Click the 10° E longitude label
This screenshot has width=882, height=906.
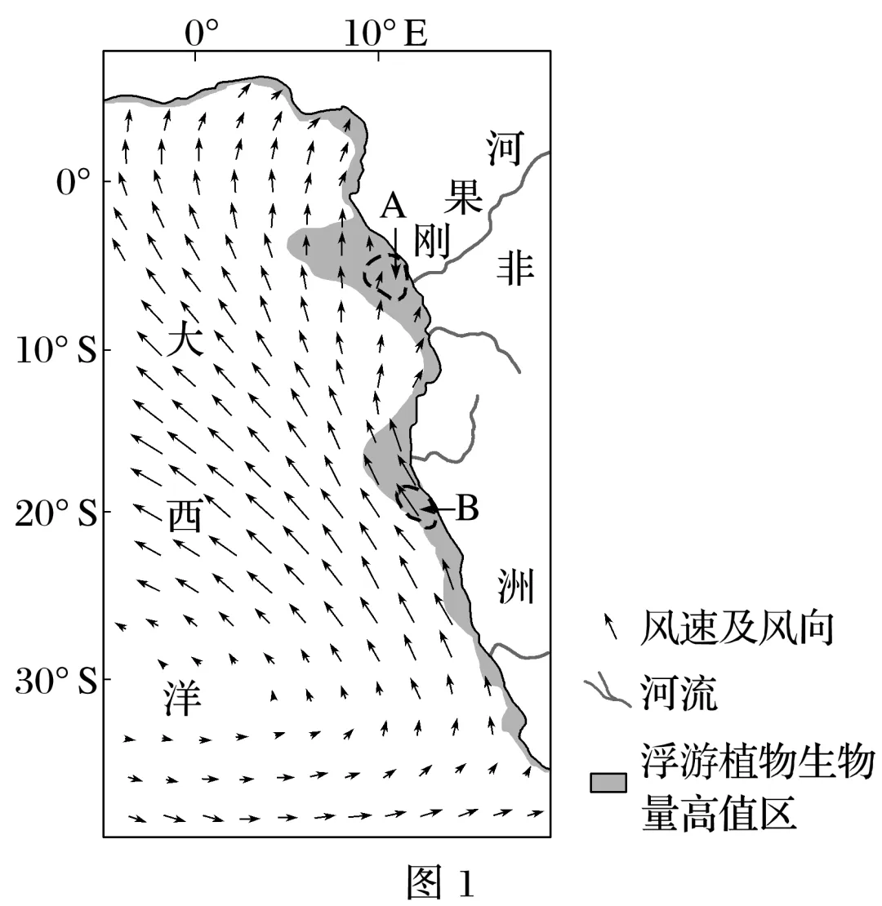point(385,33)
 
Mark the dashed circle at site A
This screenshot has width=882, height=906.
point(386,278)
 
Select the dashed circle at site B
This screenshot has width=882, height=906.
point(416,506)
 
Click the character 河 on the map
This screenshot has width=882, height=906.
point(503,147)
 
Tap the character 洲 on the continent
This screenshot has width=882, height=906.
point(515,586)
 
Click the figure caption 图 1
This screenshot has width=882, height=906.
point(441,882)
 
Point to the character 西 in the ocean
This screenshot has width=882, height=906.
point(186,516)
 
